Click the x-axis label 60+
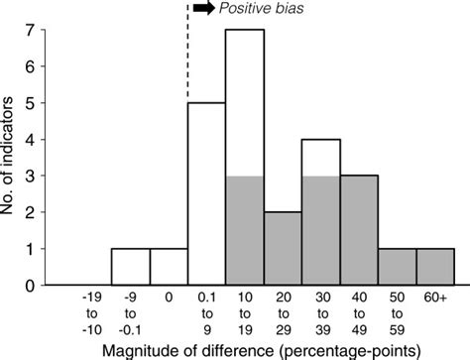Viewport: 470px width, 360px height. click(435, 296)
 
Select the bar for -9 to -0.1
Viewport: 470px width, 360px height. click(130, 267)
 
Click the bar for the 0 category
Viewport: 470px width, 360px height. click(169, 267)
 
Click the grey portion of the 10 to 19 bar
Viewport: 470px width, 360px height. click(245, 231)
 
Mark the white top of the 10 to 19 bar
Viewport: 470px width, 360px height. click(245, 103)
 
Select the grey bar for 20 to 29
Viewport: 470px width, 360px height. click(283, 249)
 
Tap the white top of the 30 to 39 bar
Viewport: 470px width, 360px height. click(321, 158)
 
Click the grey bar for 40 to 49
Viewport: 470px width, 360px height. click(359, 231)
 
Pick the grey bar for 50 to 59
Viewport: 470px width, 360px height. click(397, 267)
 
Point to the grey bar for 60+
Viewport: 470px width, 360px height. click(435, 267)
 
